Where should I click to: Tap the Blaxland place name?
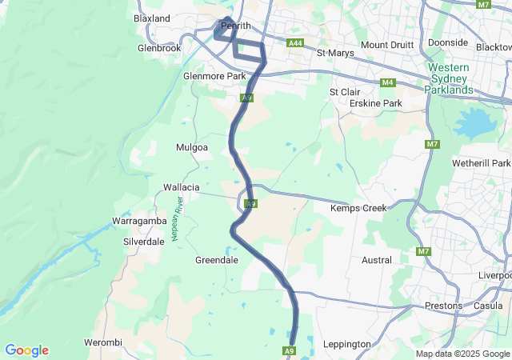coord(152,18)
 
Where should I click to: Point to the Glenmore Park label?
coord(214,76)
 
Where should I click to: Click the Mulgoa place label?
coord(191,147)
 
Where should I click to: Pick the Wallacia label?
coord(181,186)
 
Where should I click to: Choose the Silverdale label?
coord(143,241)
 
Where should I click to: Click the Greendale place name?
coord(216,260)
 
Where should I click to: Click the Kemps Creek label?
coord(358,208)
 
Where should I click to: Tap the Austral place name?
coord(377,260)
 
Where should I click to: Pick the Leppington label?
coord(346,344)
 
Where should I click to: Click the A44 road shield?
coord(295,42)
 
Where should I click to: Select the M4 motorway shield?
coord(388,82)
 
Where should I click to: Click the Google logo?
coord(26,350)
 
